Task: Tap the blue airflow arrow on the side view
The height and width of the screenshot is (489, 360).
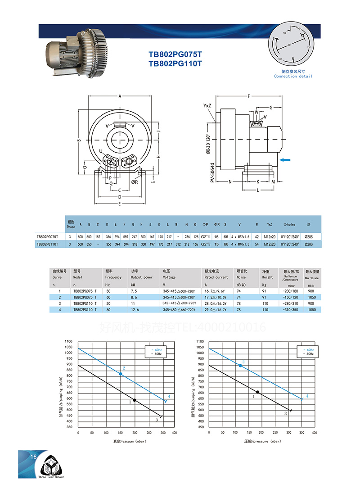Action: click(x=285, y=159)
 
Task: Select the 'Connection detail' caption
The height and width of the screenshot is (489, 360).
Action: click(x=293, y=76)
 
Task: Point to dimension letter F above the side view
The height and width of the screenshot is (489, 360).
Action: click(x=249, y=96)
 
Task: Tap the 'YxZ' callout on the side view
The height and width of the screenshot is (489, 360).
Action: click(x=207, y=105)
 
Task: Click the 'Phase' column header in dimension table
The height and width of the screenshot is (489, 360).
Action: click(x=71, y=224)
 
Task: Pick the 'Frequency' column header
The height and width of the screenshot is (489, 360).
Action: click(x=113, y=277)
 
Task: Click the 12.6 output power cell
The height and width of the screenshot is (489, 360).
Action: click(x=135, y=310)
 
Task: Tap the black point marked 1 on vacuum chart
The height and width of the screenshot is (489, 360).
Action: click(x=134, y=400)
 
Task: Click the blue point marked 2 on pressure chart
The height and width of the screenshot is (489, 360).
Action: click(x=240, y=366)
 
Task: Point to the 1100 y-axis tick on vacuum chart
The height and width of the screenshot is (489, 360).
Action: click(x=68, y=342)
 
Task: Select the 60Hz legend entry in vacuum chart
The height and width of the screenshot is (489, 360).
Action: click(x=157, y=350)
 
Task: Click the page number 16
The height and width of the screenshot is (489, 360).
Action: click(x=33, y=457)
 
